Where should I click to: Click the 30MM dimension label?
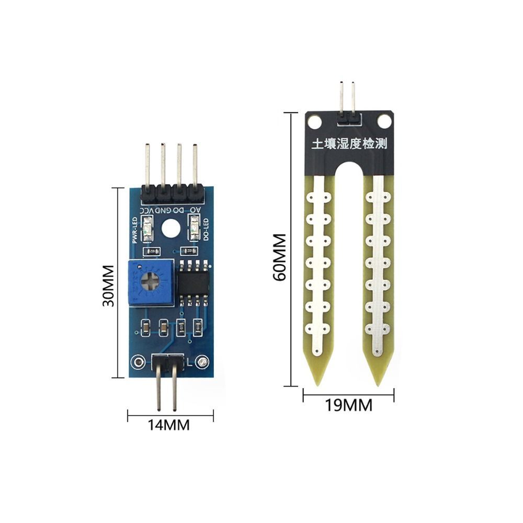pos(108,286)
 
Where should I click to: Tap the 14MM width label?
pos(169,425)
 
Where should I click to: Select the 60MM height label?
pos(280,257)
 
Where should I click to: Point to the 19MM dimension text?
pos(349,405)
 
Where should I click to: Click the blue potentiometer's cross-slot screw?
pos(151,282)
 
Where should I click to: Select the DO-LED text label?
pos(206,229)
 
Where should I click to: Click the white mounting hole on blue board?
pos(170,229)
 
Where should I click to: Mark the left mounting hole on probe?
pos(314,122)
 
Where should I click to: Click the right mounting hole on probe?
pos(384,122)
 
